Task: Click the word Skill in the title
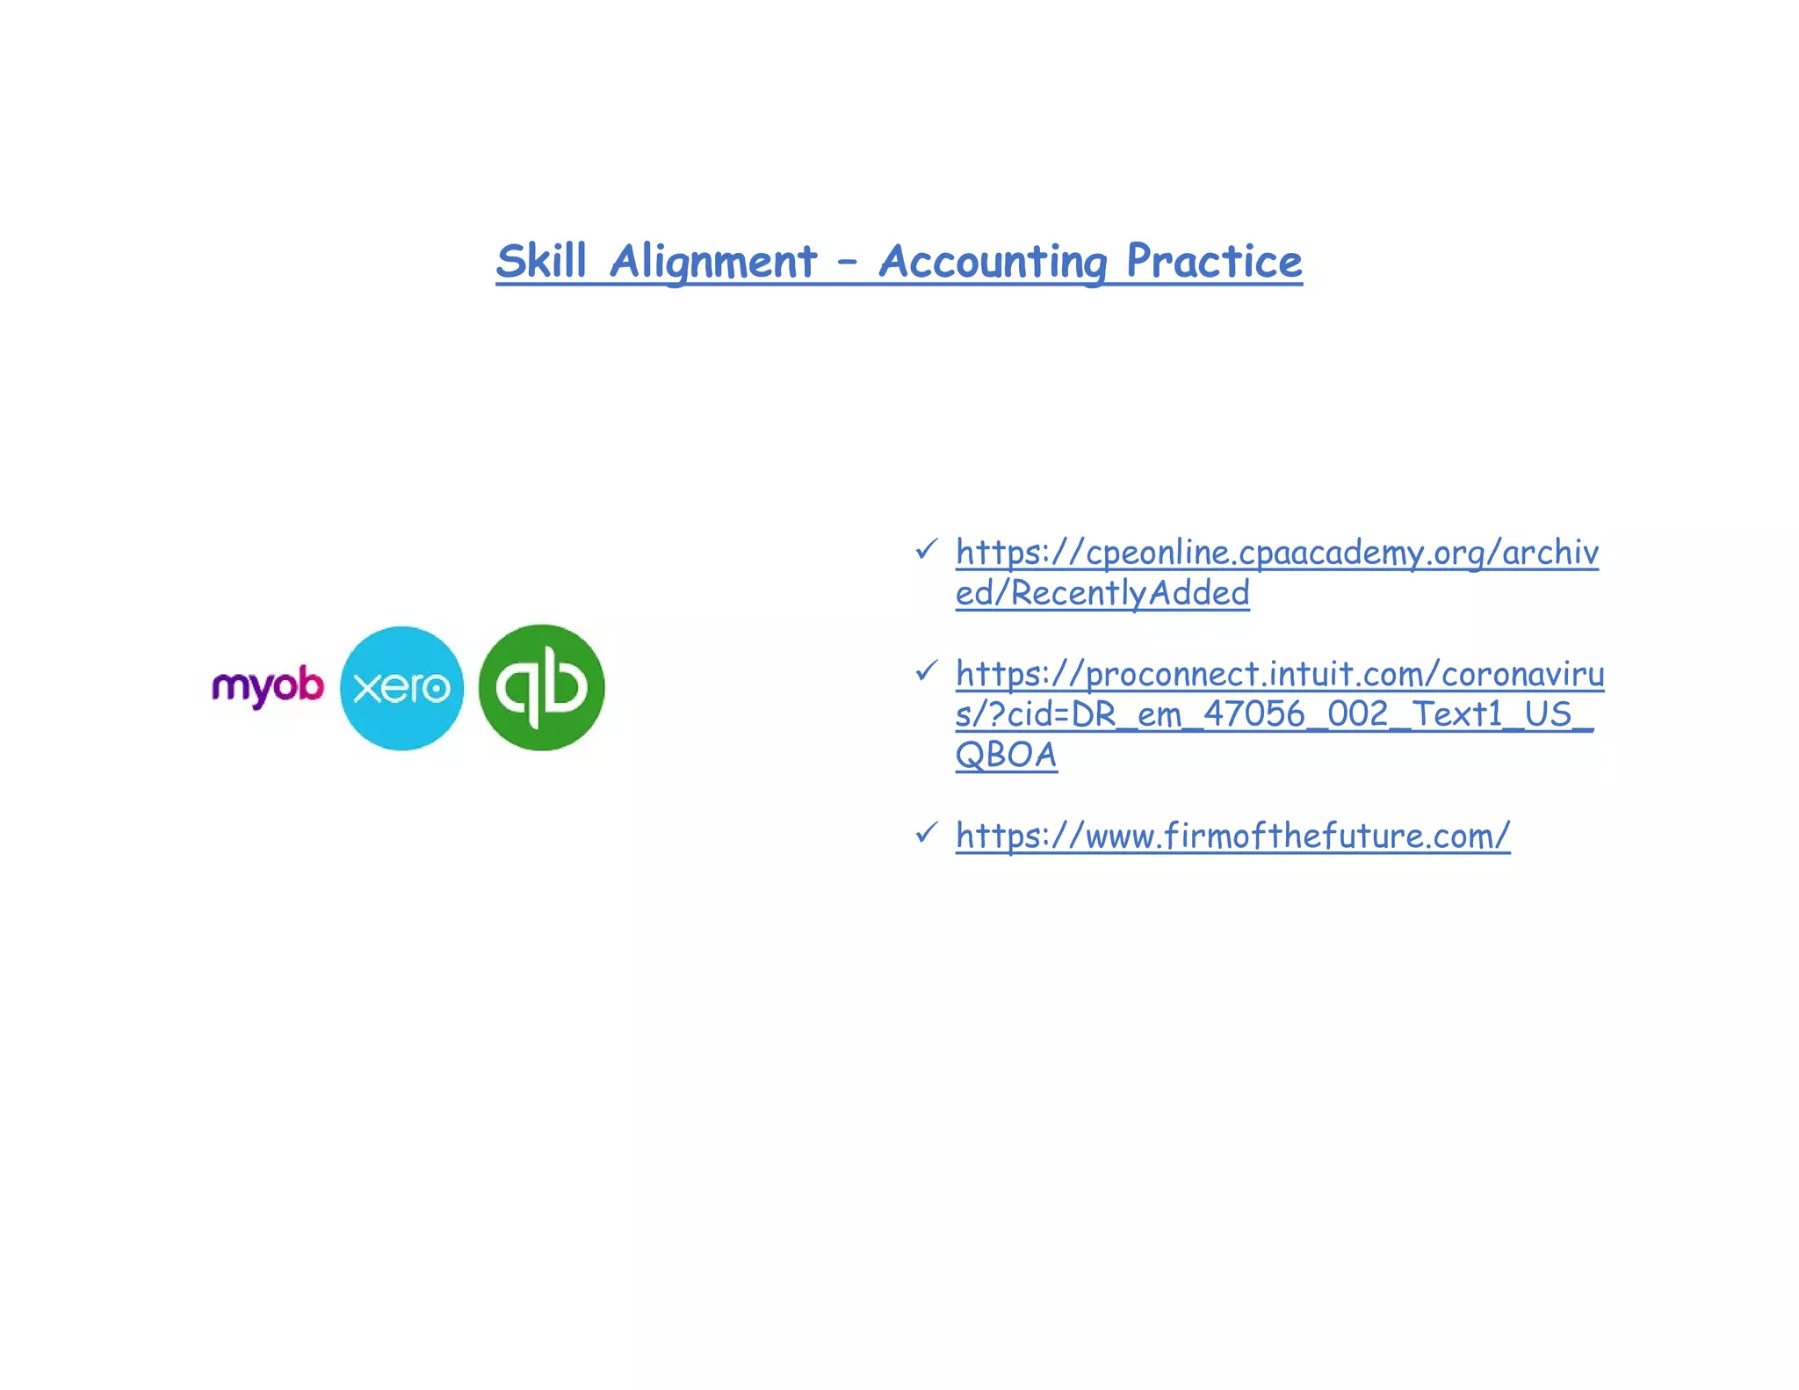[541, 261]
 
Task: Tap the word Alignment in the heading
[713, 261]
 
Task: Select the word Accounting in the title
[993, 261]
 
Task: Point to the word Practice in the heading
[1214, 261]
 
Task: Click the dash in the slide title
[847, 261]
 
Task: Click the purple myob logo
[267, 686]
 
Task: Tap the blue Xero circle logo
[401, 688]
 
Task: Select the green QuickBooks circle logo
[541, 688]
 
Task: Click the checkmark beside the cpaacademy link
[926, 550]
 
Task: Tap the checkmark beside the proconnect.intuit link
[926, 671]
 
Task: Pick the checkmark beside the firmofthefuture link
[926, 832]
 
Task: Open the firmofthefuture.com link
[1232, 836]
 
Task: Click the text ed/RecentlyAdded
[1102, 593]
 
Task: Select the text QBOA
[1006, 755]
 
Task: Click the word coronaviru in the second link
[1522, 674]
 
